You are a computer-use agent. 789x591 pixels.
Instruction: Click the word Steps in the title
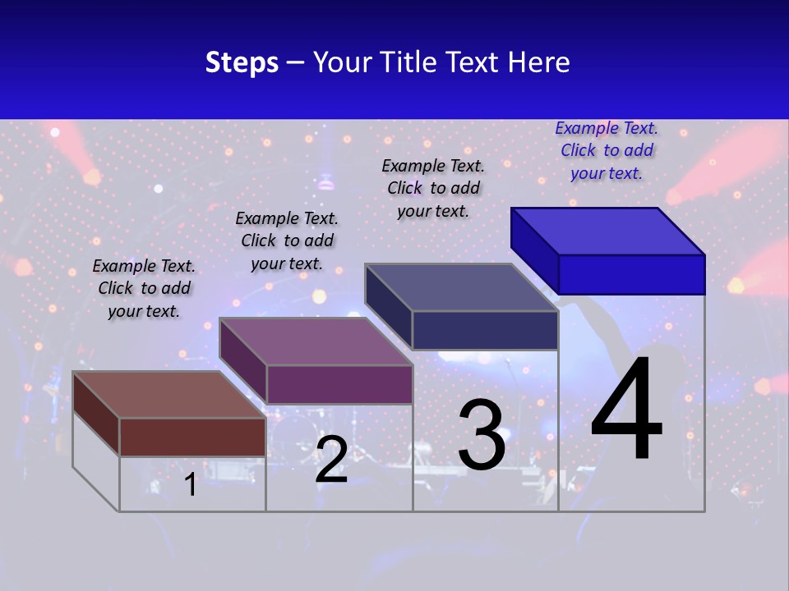click(x=242, y=62)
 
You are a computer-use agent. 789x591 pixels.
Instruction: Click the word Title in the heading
click(x=408, y=62)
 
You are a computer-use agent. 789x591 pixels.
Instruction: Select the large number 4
click(x=626, y=410)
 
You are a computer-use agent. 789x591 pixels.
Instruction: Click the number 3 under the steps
click(x=482, y=435)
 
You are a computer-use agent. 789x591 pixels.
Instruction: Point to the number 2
click(x=332, y=460)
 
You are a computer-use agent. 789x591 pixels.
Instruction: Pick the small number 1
click(x=191, y=484)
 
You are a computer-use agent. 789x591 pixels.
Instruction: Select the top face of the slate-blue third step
click(x=461, y=287)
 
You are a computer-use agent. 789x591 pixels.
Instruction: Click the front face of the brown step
click(x=192, y=437)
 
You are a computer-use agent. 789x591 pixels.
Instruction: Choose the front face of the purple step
click(x=339, y=384)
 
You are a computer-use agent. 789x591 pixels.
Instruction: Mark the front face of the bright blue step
click(x=631, y=274)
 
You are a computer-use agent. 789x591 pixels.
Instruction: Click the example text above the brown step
click(x=144, y=288)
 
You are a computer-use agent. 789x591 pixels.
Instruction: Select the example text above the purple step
click(x=287, y=241)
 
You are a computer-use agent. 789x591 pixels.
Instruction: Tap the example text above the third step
click(x=433, y=188)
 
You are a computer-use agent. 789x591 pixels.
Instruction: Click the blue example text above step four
click(x=607, y=150)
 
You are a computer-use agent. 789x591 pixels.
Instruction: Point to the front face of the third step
click(x=485, y=330)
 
